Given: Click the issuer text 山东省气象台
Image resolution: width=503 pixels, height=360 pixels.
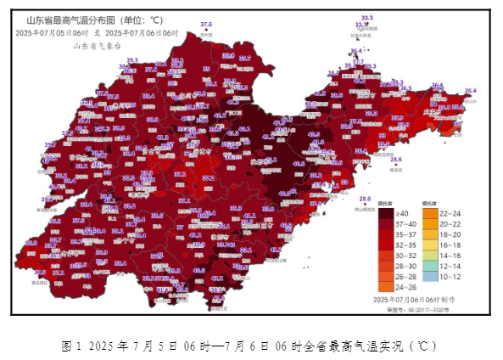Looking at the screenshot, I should [94, 46].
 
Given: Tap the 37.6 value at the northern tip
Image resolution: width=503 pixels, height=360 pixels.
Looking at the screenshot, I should [206, 25].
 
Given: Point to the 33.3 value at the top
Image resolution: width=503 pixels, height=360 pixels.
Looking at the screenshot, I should [366, 18].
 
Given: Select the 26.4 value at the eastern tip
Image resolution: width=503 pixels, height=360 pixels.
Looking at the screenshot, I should [469, 91].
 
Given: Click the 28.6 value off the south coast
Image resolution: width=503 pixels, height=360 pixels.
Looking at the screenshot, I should [395, 159].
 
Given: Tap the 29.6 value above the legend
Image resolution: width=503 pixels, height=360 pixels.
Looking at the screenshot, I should [365, 199].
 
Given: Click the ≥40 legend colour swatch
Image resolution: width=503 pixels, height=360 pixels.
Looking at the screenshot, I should [385, 215].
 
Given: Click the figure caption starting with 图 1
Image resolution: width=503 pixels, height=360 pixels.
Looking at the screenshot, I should [250, 346].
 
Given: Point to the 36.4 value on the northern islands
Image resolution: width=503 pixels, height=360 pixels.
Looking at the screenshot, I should [355, 51].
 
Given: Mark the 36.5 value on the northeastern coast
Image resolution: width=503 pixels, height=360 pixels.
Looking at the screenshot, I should [405, 88].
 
